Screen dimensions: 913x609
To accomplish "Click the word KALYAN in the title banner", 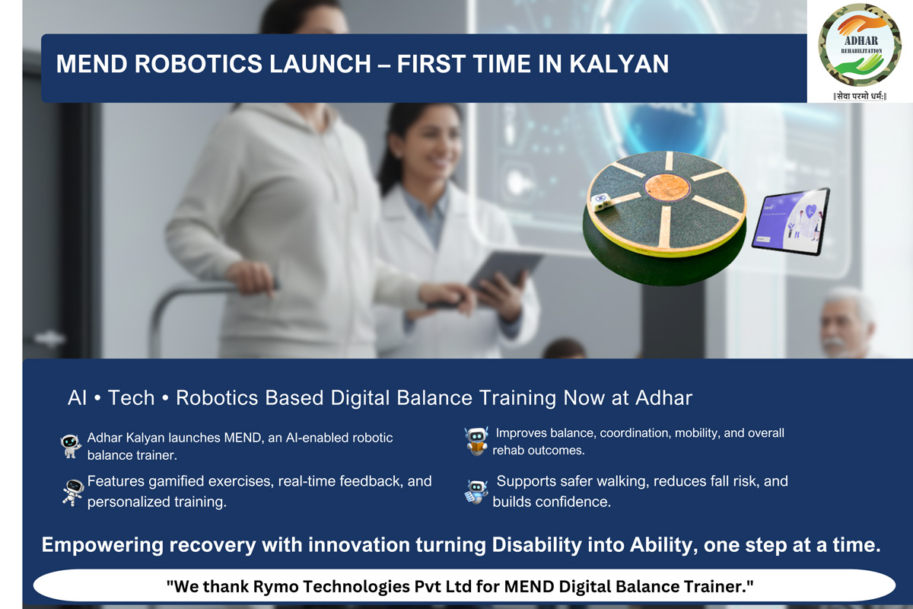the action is coord(619,64).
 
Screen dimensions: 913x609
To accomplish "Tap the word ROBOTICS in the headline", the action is coord(198,64).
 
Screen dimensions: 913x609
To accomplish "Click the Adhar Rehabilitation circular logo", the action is coord(860,45).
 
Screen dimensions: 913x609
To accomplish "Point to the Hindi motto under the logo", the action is coord(860,96).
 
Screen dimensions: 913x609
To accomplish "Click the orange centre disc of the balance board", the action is coord(667,187).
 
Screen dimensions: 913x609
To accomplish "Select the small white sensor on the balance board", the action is coord(601,202).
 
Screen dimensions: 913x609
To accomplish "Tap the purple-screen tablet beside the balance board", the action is coord(791,222).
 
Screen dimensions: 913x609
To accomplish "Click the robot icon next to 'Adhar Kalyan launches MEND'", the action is coord(71,446).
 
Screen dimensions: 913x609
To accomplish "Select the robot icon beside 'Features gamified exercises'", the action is coord(73,493).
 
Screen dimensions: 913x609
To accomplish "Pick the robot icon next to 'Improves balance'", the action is coord(476,442).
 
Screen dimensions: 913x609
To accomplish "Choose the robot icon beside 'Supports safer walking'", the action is coord(476,492).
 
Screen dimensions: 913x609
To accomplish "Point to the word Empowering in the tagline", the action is coord(102,545).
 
